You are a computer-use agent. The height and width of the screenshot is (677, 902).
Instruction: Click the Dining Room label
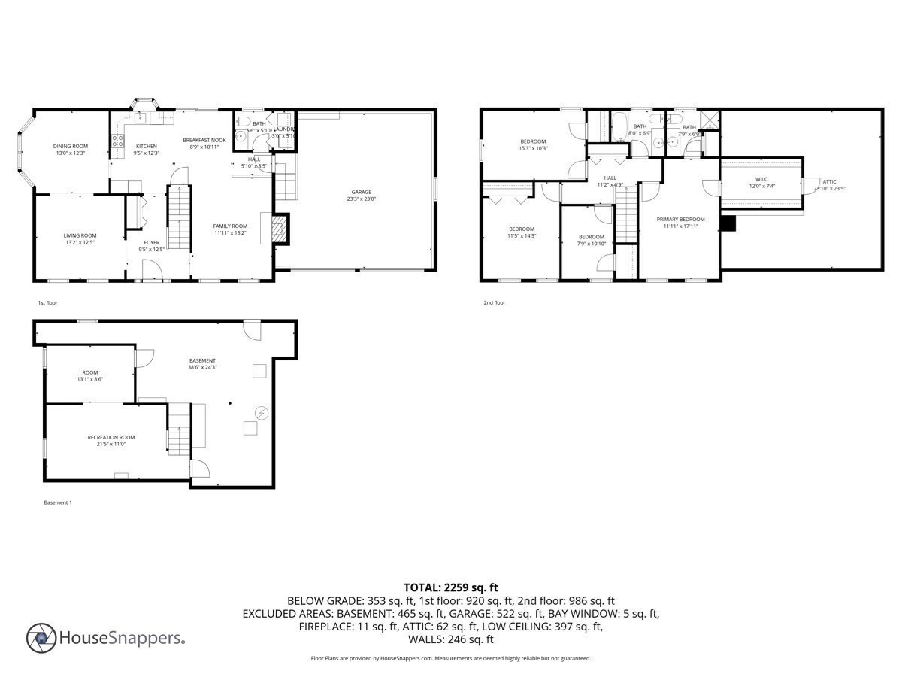click(x=70, y=146)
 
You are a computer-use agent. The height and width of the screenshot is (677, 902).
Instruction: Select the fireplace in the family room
click(x=279, y=229)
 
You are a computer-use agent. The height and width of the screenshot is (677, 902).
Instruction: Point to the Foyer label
click(x=151, y=242)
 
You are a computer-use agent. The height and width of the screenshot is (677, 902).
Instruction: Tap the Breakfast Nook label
click(x=204, y=140)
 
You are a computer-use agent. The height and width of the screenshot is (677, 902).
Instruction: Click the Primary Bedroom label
click(x=680, y=219)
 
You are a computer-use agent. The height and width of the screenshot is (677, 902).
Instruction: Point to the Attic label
click(x=829, y=181)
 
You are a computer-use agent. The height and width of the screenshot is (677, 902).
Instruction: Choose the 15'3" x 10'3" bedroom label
click(x=533, y=141)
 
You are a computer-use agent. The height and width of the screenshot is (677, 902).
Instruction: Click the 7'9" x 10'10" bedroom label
click(x=592, y=237)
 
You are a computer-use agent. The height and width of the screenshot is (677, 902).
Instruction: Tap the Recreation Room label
click(x=111, y=437)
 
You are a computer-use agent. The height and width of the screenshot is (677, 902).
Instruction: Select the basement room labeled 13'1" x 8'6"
click(x=90, y=372)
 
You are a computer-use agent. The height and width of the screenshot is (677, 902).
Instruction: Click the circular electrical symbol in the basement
click(x=262, y=412)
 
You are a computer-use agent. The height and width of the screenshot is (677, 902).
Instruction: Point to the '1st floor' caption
click(x=47, y=302)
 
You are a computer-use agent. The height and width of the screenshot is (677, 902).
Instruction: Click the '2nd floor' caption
click(x=494, y=302)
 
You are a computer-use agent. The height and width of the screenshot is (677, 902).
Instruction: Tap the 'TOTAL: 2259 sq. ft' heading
click(x=451, y=587)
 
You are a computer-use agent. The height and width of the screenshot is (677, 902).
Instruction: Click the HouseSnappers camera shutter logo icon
click(x=41, y=638)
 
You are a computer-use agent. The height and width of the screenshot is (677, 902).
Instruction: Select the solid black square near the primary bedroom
click(x=728, y=223)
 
